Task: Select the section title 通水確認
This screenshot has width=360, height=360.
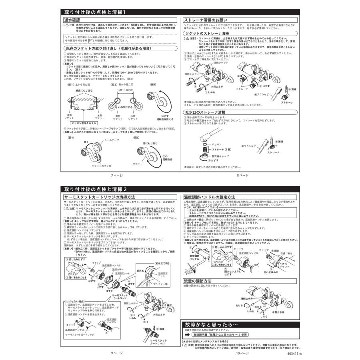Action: pyautogui.click(x=72, y=20)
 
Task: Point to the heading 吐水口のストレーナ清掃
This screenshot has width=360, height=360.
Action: pyautogui.click(x=204, y=113)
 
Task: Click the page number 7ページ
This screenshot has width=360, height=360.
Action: pyautogui.click(x=117, y=175)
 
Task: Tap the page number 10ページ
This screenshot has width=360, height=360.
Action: pyautogui.click(x=242, y=353)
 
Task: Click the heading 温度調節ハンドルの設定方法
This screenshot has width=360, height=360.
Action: pyautogui.click(x=208, y=197)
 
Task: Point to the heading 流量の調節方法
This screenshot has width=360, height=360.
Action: pyautogui.click(x=198, y=281)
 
